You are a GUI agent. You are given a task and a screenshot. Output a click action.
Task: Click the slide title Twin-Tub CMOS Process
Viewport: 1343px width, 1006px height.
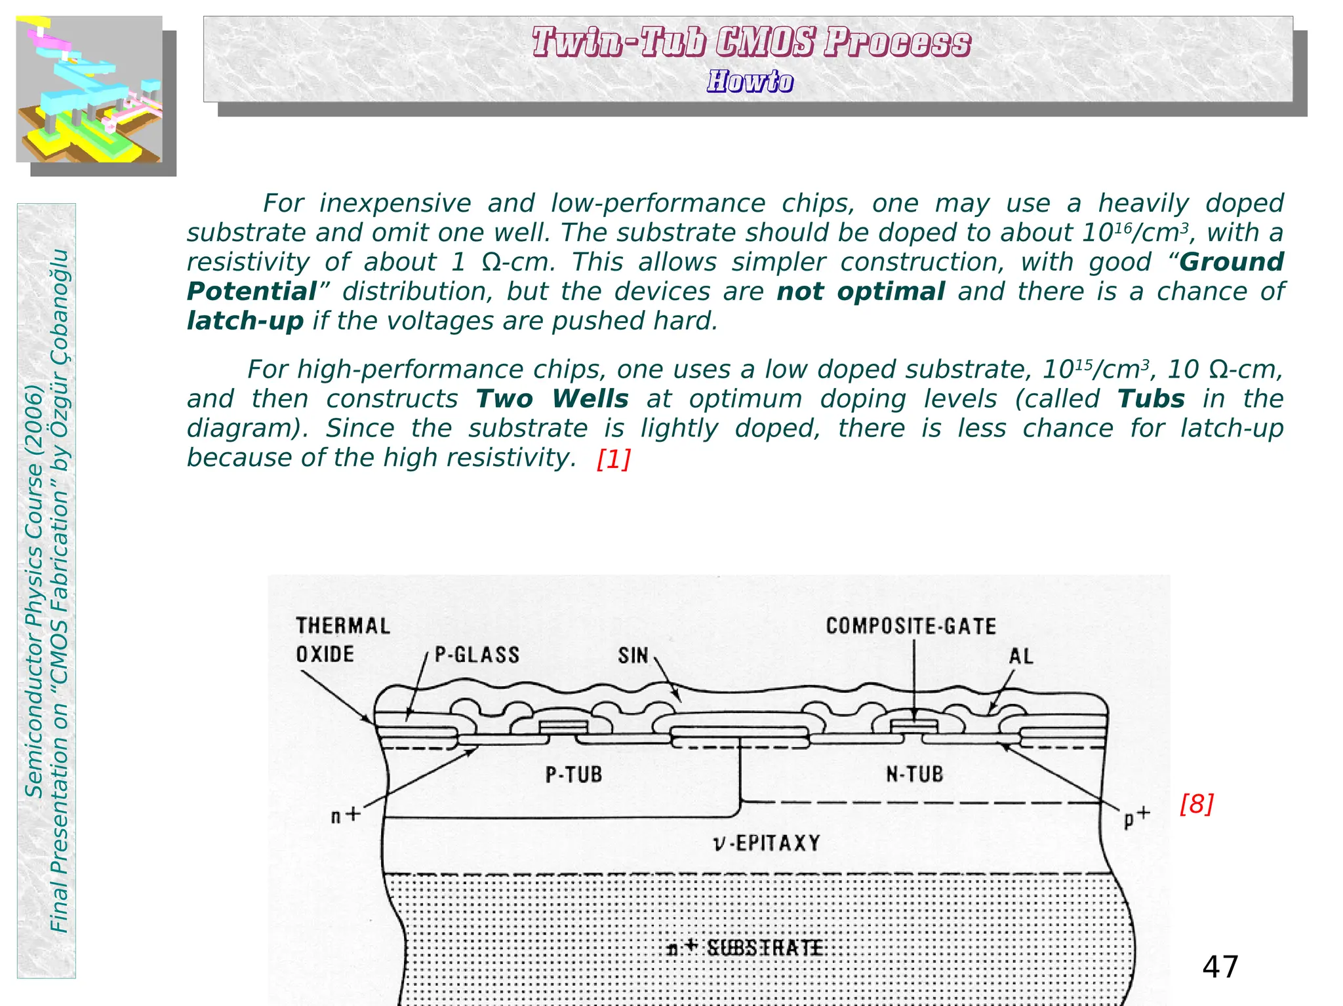(751, 43)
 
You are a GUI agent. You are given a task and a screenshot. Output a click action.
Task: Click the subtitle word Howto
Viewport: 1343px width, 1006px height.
(750, 82)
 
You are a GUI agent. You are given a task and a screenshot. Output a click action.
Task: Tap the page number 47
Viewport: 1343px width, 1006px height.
(1220, 967)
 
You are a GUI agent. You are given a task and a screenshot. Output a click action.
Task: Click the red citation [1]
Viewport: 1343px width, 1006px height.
(614, 459)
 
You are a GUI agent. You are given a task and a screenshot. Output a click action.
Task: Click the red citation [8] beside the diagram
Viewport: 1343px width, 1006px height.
(1196, 803)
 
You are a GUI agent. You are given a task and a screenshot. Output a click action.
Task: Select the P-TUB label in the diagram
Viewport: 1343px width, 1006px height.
(574, 775)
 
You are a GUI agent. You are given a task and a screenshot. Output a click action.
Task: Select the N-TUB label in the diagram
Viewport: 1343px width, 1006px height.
(915, 774)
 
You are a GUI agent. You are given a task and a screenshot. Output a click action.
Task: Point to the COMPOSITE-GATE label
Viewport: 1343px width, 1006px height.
(911, 626)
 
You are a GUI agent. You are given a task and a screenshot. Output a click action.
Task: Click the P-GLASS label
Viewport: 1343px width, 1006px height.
(477, 655)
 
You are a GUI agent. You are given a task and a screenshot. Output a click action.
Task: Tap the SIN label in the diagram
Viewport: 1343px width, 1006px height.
(633, 655)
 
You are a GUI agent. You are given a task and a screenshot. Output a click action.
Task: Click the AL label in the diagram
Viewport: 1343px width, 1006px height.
(1021, 656)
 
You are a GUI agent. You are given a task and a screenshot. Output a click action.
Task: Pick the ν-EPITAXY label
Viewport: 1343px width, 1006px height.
(767, 843)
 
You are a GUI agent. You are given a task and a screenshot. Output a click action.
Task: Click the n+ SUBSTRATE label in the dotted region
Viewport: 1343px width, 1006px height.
(745, 948)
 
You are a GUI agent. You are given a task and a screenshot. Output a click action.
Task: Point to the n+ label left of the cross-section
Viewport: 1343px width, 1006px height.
(346, 815)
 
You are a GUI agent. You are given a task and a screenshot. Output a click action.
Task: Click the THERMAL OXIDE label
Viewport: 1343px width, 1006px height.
(342, 640)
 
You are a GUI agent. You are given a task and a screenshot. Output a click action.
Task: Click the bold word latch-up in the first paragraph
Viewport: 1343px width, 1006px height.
(245, 321)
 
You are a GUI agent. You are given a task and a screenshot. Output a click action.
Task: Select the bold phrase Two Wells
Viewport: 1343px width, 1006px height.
(552, 398)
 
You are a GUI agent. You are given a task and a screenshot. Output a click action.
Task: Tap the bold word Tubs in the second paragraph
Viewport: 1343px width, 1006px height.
(1151, 398)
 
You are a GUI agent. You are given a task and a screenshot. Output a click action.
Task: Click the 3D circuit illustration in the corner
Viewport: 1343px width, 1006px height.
(89, 89)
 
